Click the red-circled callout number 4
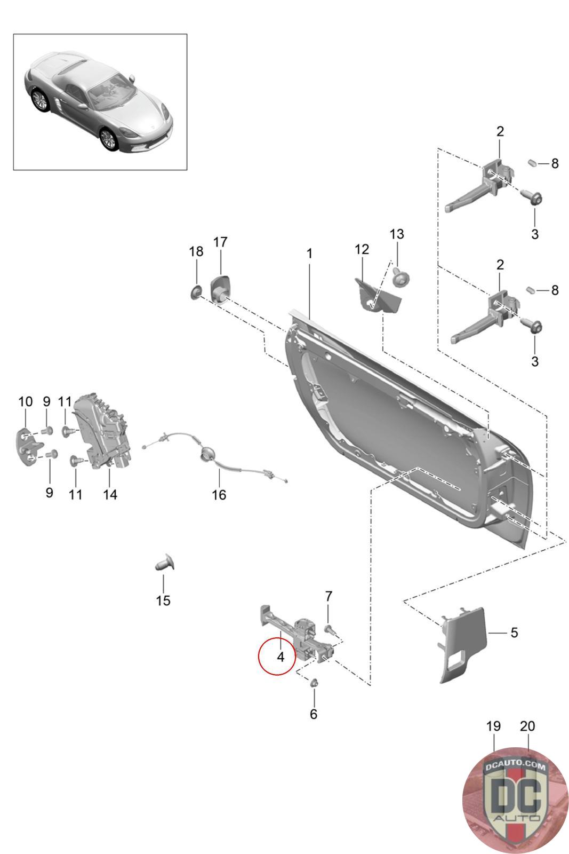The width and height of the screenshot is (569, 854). tap(281, 657)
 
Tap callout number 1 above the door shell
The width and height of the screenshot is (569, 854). tap(309, 253)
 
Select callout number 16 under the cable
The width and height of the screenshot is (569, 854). tap(219, 494)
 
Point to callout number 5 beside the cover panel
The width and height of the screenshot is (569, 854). tap(514, 632)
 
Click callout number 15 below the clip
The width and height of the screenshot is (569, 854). tap(163, 600)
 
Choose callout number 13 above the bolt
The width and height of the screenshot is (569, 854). tap(396, 234)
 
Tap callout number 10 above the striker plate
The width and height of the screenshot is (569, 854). tap(26, 401)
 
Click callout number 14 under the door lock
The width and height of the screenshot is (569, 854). tap(110, 494)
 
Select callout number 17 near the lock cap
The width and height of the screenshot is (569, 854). tap(220, 242)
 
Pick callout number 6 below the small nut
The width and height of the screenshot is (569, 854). tap(314, 714)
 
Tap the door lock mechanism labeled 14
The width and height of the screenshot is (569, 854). tap(103, 431)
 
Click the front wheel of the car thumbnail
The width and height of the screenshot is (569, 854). tap(108, 138)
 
